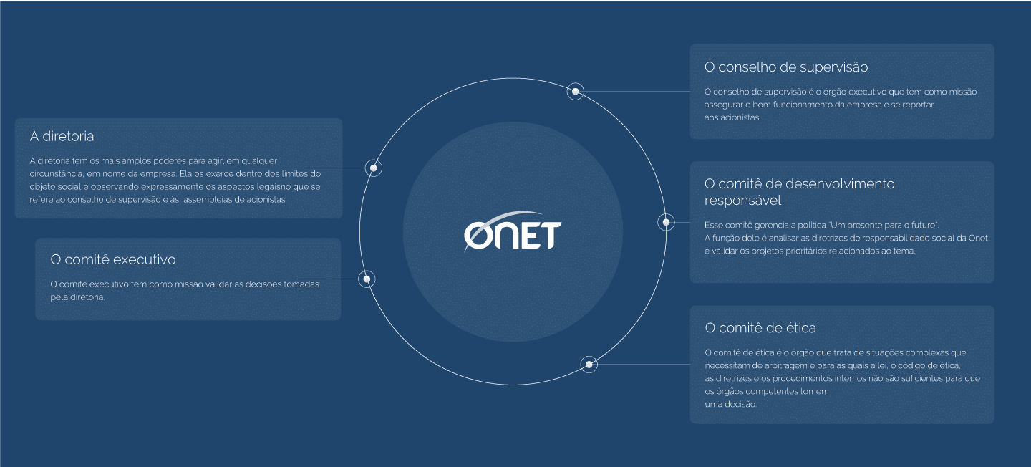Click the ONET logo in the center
point(513,232)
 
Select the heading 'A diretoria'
point(62,136)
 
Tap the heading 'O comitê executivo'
point(113,260)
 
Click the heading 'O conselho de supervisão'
point(786,67)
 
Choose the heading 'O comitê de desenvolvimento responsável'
point(800,192)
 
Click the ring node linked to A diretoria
point(373,168)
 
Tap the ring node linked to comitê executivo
point(367,279)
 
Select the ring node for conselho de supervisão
point(576,91)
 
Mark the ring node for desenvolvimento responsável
point(666,223)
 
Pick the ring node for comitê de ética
point(589,365)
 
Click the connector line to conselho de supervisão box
point(637,91)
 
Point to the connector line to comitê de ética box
point(644,365)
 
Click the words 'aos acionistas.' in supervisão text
point(732,117)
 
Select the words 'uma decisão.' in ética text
point(730,405)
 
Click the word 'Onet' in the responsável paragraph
point(978,238)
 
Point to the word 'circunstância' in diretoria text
point(56,174)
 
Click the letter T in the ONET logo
point(551,236)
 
